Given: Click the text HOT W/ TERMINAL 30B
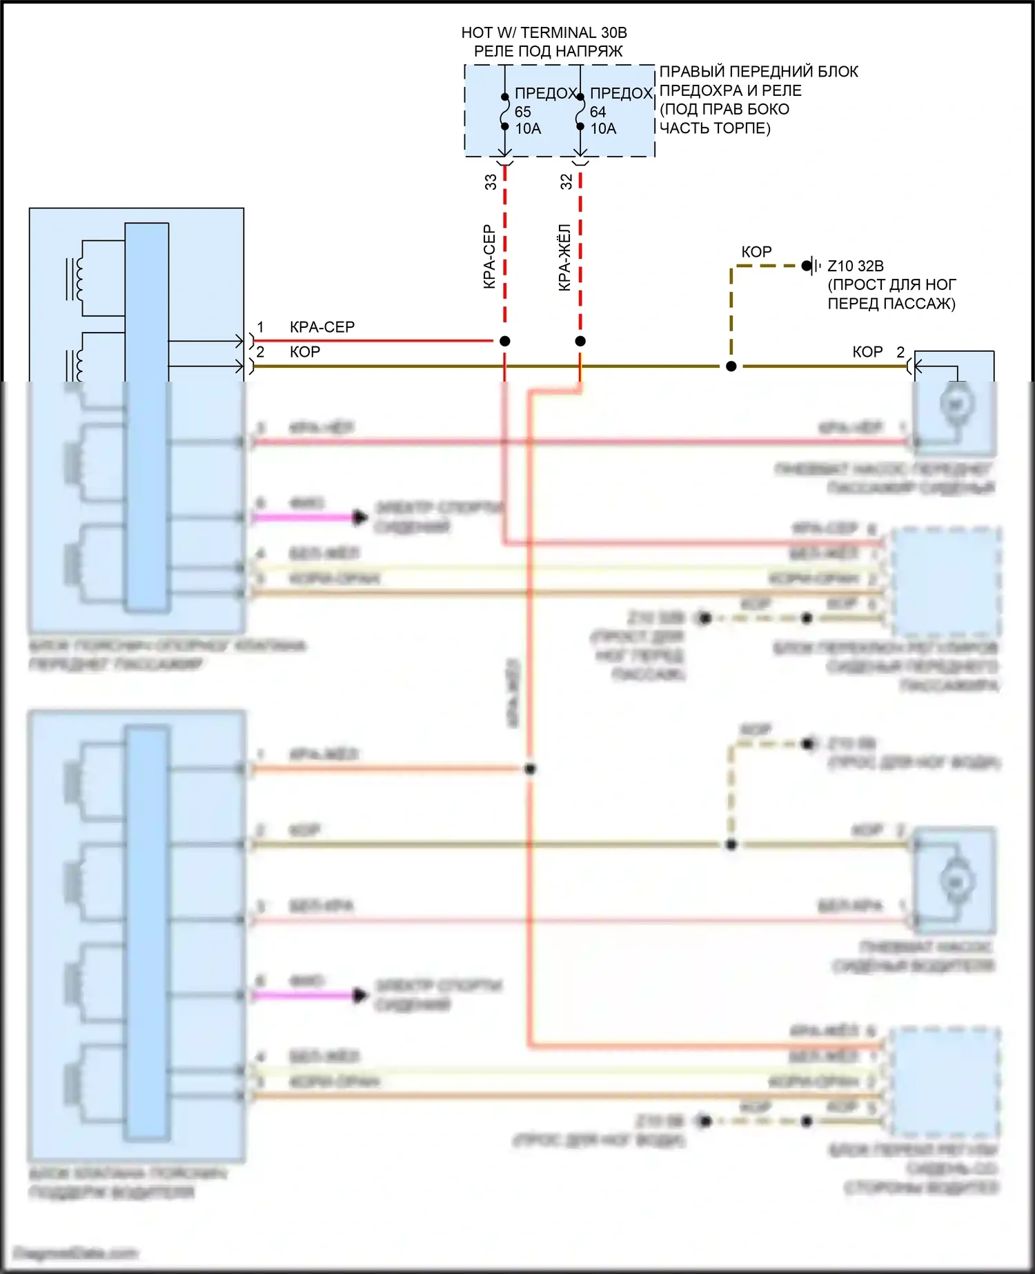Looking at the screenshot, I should [x=544, y=32].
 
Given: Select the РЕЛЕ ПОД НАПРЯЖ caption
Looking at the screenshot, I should [x=548, y=51].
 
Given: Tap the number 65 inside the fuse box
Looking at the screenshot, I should [x=522, y=112].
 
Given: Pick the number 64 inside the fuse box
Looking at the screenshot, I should [x=598, y=112].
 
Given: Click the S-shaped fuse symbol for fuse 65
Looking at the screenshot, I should [x=505, y=112].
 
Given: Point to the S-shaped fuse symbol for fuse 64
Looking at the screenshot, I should [x=580, y=112].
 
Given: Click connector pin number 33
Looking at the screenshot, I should [x=491, y=182].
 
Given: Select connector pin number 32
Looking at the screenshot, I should [x=566, y=182].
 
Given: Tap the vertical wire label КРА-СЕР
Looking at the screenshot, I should [x=489, y=257].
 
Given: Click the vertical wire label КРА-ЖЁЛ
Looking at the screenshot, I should [x=564, y=257].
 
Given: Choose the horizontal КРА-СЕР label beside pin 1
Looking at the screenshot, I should [x=322, y=327].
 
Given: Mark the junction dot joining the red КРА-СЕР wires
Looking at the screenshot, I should [x=505, y=341].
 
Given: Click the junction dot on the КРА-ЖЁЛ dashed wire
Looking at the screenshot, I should [x=580, y=341].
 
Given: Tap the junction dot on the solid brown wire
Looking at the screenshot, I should [x=731, y=366].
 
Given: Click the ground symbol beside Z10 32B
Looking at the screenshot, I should [x=812, y=266].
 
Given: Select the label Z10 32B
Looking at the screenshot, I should [x=856, y=266].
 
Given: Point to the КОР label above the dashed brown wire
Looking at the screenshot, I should [x=756, y=252].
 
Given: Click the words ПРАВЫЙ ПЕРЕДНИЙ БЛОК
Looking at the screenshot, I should [x=759, y=72].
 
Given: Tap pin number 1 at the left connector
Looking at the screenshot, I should [x=260, y=327].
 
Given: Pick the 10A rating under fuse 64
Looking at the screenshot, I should [x=604, y=129].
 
